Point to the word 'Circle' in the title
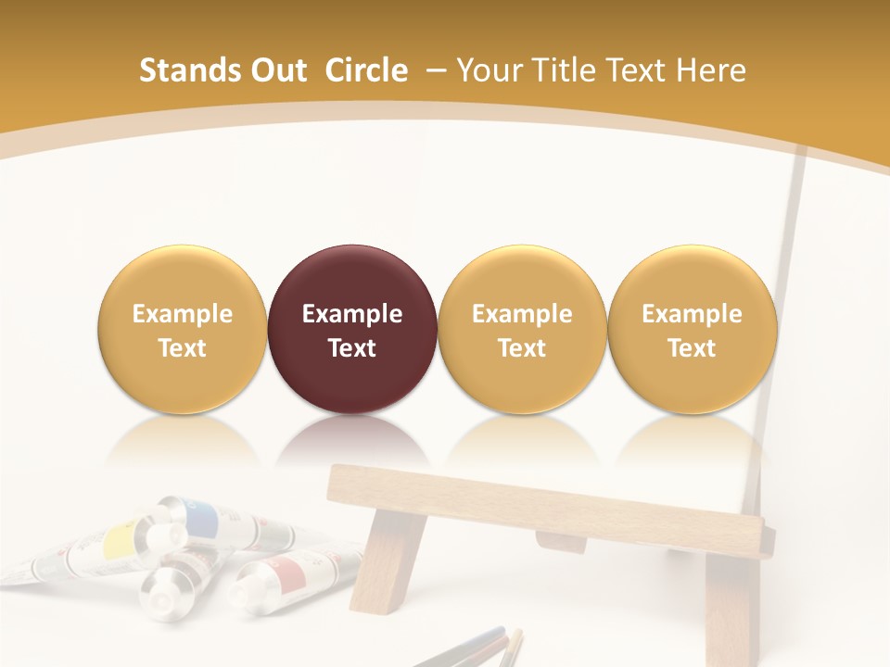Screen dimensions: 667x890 click(366, 70)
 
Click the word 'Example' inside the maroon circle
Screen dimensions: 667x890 click(352, 314)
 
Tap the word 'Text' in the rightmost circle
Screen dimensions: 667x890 click(692, 348)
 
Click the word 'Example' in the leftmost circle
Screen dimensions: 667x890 click(183, 314)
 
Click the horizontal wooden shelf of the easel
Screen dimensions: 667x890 click(547, 510)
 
